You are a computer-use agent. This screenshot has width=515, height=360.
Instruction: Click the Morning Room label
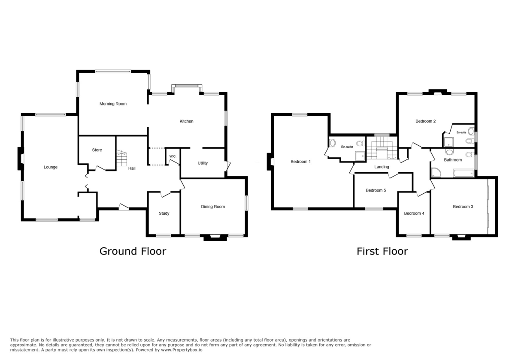coord(113,104)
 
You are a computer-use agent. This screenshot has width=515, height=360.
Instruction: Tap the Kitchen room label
coord(186,121)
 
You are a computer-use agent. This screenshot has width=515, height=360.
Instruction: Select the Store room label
coord(97,150)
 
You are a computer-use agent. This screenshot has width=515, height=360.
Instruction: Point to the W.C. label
coord(173,156)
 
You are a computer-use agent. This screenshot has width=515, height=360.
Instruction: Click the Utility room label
coord(203,163)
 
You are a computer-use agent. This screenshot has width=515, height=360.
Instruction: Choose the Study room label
coord(164,213)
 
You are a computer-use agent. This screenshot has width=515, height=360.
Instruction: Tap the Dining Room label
coord(213,207)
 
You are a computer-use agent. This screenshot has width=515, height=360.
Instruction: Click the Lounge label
coord(51,167)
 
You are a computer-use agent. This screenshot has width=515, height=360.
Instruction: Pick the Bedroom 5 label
coord(376,190)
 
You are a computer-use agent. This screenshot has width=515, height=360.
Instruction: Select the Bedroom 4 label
coord(414,213)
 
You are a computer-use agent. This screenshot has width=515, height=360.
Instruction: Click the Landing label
coord(382,167)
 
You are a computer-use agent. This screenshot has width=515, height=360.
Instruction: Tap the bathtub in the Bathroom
coord(463,173)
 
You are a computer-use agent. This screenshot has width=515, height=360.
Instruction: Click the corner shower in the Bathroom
coord(436,172)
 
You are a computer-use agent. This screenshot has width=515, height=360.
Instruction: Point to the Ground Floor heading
coord(133,252)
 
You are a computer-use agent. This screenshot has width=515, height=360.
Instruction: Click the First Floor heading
coord(382,252)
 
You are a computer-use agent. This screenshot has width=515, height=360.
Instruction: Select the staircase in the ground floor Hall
coord(121,158)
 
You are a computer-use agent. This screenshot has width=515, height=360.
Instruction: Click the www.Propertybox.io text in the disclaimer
coord(182,350)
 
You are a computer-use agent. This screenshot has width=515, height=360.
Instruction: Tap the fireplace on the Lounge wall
coord(21,159)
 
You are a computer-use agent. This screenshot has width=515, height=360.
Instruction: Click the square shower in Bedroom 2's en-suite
coord(448,142)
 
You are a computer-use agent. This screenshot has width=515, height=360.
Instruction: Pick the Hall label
coord(132,168)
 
